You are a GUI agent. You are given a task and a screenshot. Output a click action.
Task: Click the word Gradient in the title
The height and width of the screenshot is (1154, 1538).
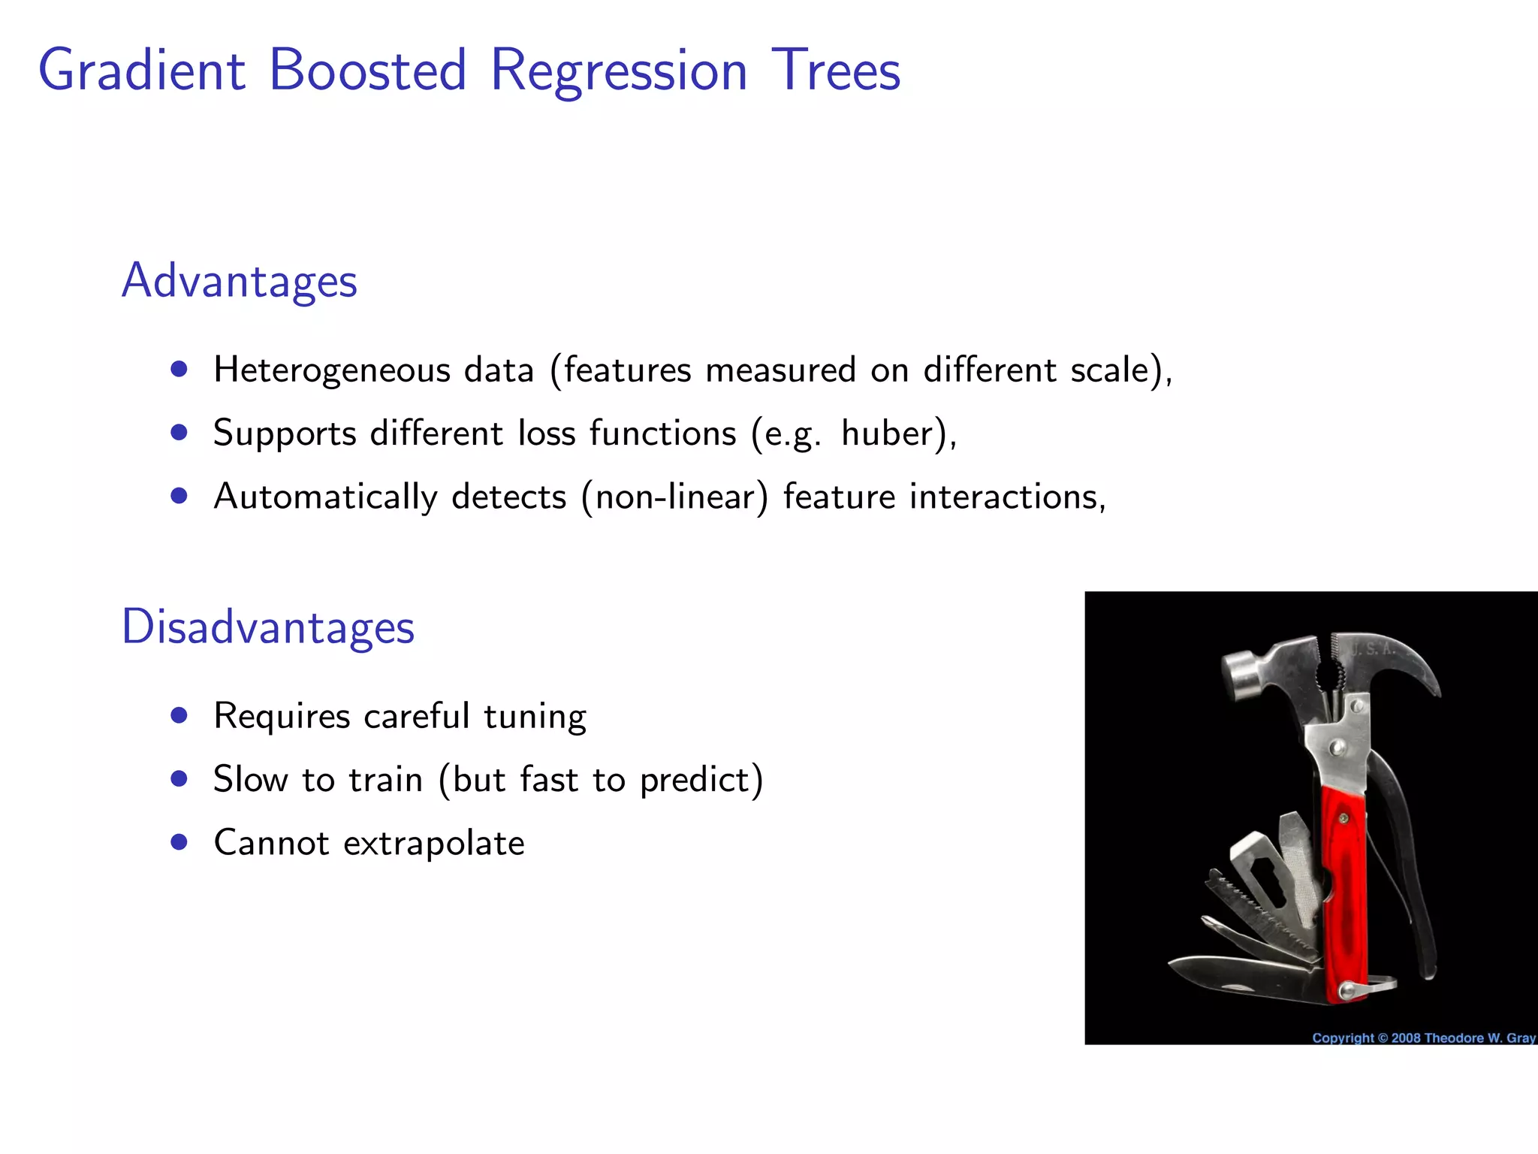tap(141, 71)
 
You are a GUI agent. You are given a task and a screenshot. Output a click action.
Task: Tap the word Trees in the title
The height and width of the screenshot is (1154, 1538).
tap(835, 71)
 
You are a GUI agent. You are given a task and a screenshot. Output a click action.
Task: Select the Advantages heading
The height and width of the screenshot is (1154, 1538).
tap(239, 281)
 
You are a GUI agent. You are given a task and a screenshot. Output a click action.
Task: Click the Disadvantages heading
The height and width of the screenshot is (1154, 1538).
tap(267, 627)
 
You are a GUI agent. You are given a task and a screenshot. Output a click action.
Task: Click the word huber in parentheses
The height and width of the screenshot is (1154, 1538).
tap(886, 434)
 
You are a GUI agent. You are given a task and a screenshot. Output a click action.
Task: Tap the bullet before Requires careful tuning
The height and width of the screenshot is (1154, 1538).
tap(179, 715)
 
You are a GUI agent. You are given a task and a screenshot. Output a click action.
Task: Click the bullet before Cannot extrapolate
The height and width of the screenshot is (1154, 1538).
tap(179, 842)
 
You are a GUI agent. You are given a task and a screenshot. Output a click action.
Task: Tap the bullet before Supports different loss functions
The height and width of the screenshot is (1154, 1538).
tap(179, 433)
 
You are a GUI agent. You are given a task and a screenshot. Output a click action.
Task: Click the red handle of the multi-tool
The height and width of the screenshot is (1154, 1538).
tap(1344, 887)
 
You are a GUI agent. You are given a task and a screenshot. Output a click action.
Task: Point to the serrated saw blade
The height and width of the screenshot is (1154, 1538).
tap(1262, 913)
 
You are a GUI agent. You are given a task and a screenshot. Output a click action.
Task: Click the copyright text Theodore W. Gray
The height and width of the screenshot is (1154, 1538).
tap(1479, 1038)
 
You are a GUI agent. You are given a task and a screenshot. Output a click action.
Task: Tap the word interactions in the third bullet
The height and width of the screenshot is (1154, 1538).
tap(1006, 497)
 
